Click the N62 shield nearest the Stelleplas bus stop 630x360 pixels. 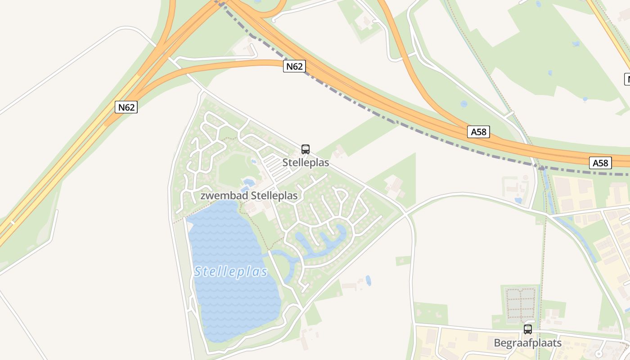295,66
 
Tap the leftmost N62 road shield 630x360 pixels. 126,107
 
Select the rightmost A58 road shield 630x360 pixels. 600,162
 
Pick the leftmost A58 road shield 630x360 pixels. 478,132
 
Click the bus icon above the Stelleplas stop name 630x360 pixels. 306,149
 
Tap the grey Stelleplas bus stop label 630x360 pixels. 306,162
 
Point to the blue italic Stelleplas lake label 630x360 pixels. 231,272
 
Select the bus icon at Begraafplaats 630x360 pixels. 528,329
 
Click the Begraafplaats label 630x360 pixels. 528,343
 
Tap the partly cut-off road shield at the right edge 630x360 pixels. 627,79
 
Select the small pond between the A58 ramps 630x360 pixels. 463,104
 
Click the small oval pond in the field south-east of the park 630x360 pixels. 369,280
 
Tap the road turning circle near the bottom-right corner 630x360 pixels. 598,354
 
